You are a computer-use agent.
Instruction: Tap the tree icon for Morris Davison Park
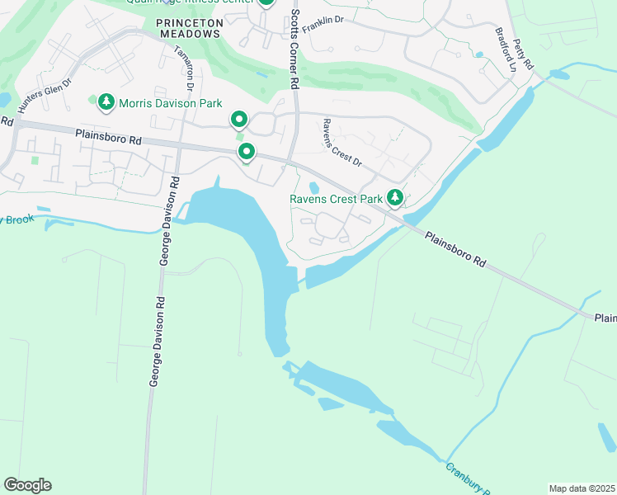pos(106,102)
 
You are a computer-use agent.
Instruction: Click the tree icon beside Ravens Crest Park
pos(396,198)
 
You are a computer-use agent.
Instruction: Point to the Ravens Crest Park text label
pos(336,199)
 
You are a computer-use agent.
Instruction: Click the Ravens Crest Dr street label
pos(341,143)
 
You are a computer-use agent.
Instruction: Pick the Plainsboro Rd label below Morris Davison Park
pos(108,137)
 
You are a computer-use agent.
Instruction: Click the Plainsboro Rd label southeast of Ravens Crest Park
pos(456,247)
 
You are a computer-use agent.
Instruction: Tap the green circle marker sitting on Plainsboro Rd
pos(246,152)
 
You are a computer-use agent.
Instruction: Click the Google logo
pos(27,484)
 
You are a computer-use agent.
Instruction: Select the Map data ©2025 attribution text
pos(582,488)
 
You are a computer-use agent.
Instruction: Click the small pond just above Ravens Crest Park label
pos(313,187)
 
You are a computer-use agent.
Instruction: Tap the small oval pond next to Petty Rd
pos(559,74)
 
